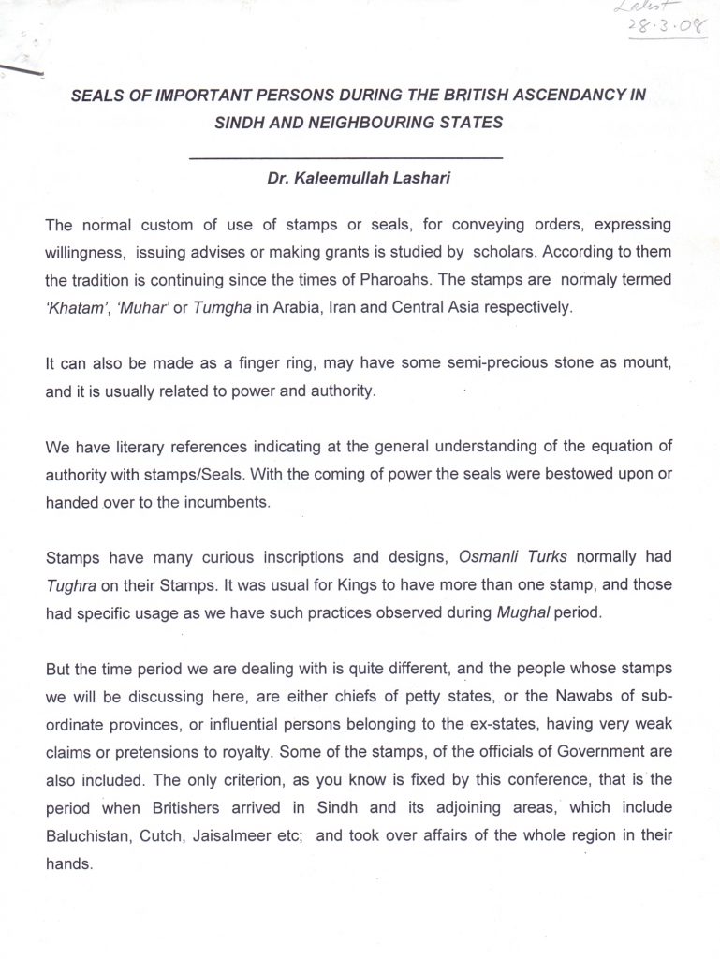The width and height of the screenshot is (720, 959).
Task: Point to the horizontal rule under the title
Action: [345, 155]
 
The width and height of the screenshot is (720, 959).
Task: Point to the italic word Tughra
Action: [70, 585]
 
